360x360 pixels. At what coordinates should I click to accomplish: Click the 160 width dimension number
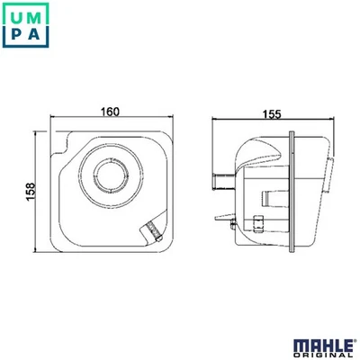110,112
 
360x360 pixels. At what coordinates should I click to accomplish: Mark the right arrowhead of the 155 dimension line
337,121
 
